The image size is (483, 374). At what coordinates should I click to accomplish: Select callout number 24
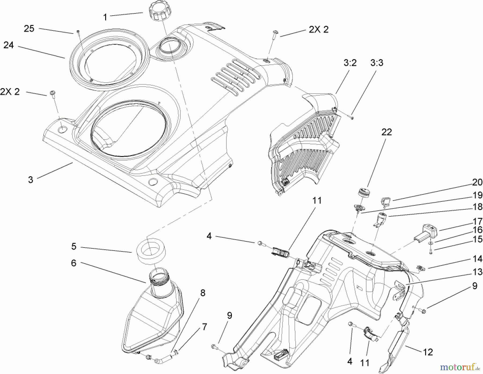point(9,45)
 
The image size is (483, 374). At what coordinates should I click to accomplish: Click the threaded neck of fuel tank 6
point(160,279)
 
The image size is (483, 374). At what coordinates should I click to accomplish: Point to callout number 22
point(386,132)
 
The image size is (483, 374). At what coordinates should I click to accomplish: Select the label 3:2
point(350,63)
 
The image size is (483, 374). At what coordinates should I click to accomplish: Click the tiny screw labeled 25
point(78,31)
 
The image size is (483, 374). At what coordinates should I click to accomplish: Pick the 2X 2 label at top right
point(319,30)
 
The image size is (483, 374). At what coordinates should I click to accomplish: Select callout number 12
point(428,352)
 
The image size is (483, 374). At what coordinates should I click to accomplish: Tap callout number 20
point(477,183)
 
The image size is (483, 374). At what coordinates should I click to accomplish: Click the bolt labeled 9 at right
point(423,311)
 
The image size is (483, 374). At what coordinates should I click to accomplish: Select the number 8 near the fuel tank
point(203,293)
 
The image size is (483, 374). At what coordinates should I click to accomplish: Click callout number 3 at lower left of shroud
point(31,180)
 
